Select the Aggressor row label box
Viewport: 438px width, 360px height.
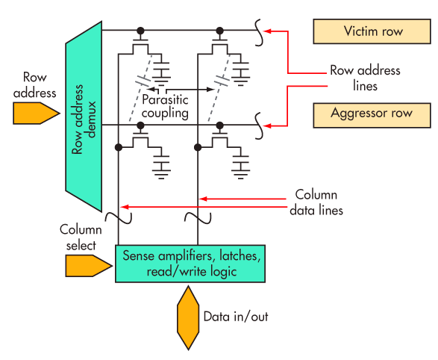(x=373, y=114)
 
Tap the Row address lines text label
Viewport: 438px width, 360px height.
(x=365, y=78)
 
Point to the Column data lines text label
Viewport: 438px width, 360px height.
(x=316, y=202)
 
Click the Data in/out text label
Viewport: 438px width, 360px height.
(x=236, y=316)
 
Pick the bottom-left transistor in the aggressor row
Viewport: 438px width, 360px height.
(x=139, y=137)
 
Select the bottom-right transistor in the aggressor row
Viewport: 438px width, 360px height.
(x=219, y=137)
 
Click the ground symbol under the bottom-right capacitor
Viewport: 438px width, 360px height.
(x=240, y=171)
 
